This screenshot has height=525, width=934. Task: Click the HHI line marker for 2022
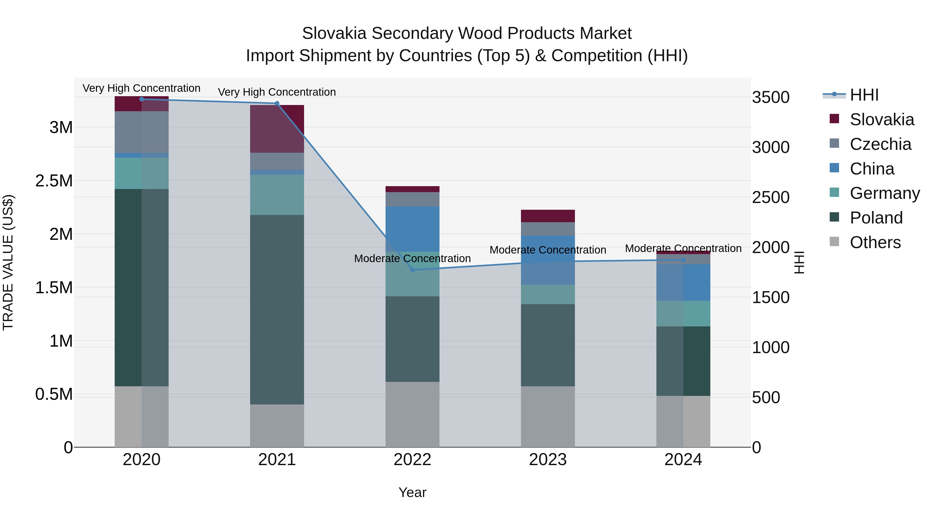click(412, 270)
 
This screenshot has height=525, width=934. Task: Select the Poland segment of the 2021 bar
click(277, 310)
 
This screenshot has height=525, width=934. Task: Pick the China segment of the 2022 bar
click(412, 229)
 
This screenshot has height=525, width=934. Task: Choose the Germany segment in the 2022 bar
click(412, 274)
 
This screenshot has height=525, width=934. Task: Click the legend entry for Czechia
click(880, 144)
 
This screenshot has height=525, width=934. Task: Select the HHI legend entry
click(864, 95)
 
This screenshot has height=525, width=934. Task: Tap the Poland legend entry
click(876, 218)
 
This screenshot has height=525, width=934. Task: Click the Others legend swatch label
click(875, 242)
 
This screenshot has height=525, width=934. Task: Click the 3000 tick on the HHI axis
click(771, 148)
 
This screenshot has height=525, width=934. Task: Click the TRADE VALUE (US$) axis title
click(8, 262)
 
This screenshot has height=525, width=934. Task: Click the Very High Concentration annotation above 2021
click(277, 92)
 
